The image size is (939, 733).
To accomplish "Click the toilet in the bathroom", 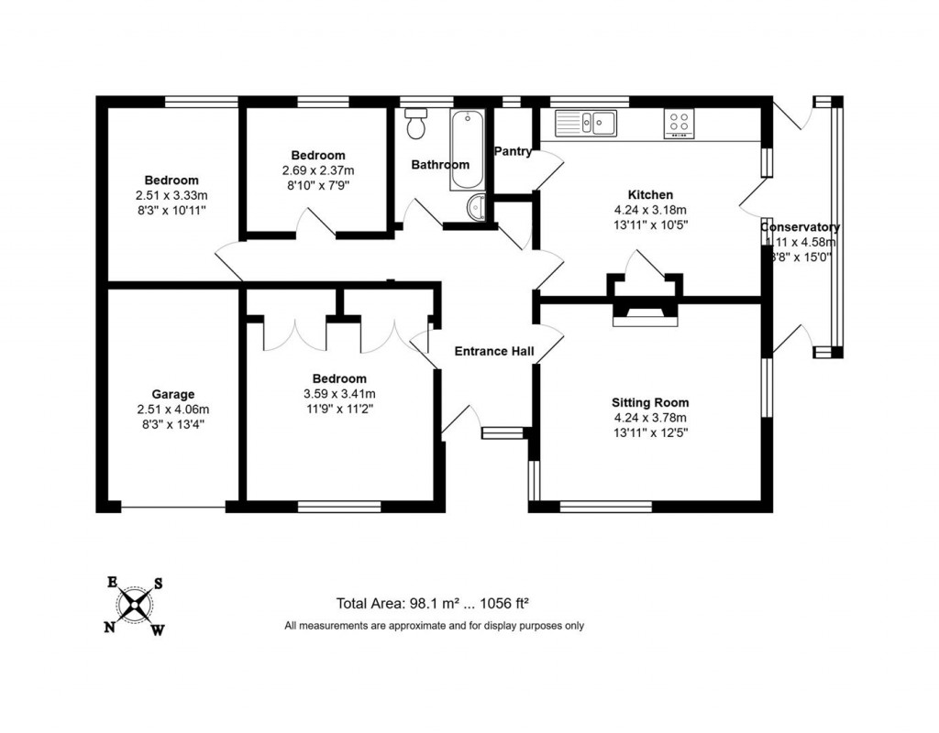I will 417,125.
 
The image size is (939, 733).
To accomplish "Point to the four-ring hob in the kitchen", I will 679,123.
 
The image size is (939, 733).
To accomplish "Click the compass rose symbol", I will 135,605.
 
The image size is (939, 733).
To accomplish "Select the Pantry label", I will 513,151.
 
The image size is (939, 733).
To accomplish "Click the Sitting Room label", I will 650,402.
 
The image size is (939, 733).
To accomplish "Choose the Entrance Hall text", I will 493,351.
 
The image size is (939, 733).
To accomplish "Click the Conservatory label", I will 800,226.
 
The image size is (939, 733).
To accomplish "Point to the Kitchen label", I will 650,194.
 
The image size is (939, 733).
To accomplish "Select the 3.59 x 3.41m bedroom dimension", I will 339,394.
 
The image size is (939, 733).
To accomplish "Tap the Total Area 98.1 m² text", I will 434,604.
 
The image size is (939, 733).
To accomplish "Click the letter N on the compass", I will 109,627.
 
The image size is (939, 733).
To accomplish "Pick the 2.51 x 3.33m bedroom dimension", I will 171,195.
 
